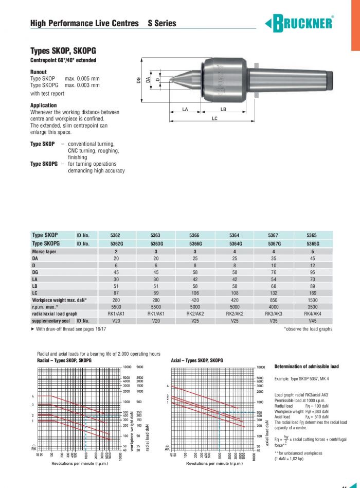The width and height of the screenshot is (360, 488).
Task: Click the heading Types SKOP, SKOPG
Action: [63, 51]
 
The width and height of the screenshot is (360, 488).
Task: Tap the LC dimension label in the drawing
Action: [214, 118]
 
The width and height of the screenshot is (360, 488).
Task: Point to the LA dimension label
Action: [186, 109]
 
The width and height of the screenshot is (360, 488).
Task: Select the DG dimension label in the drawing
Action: [138, 80]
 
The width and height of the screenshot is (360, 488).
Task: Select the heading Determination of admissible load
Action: [307, 367]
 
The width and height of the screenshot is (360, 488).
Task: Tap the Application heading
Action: [44, 105]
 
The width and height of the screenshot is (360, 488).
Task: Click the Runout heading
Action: [39, 72]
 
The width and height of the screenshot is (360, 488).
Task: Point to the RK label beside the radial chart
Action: [34, 447]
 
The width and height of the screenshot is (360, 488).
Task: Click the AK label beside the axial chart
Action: [167, 447]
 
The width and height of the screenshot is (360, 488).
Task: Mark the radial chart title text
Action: [64, 360]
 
